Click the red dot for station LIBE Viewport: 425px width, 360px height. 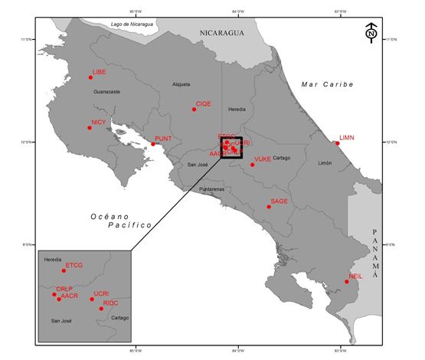click(90, 77)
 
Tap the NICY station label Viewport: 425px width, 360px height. click(98, 123)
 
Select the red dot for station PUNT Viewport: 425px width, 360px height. click(153, 144)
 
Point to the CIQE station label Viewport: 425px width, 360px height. click(203, 103)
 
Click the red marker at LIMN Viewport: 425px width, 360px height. click(337, 142)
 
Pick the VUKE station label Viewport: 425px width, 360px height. click(262, 159)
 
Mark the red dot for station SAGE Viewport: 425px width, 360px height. click(269, 206)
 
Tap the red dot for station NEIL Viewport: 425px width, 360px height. click(346, 282)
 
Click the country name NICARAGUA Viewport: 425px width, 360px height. click(221, 33)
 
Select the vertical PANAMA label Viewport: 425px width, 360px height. click(375, 254)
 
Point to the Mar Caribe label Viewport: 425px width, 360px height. click(327, 83)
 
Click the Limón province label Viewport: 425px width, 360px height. click(325, 164)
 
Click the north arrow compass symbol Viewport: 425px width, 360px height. click(371, 33)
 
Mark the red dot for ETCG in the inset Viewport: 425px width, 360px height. click(64, 270)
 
